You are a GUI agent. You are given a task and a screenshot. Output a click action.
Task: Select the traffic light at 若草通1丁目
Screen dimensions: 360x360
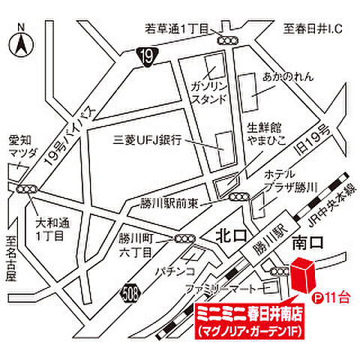(x=226, y=40)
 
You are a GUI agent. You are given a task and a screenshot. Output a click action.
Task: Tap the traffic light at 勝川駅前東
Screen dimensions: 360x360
(x=238, y=197)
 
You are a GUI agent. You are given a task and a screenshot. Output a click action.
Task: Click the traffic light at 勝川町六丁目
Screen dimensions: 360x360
(x=184, y=239)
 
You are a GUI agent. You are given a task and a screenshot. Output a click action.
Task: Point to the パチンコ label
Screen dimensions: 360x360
(x=175, y=268)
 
